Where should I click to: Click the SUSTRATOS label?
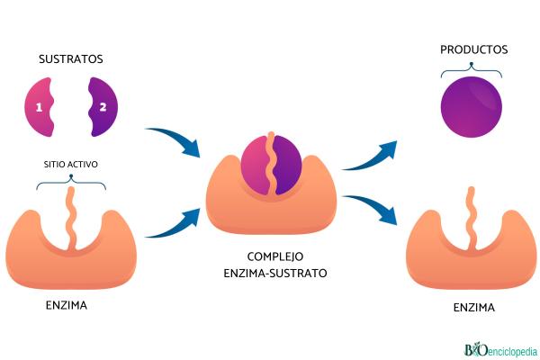70,59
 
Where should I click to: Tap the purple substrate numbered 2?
102,106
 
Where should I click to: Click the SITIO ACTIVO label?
70,166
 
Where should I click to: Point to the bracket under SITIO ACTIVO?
70,183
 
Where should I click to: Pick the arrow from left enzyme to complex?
175,223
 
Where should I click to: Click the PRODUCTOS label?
472,50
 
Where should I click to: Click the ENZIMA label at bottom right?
472,307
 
